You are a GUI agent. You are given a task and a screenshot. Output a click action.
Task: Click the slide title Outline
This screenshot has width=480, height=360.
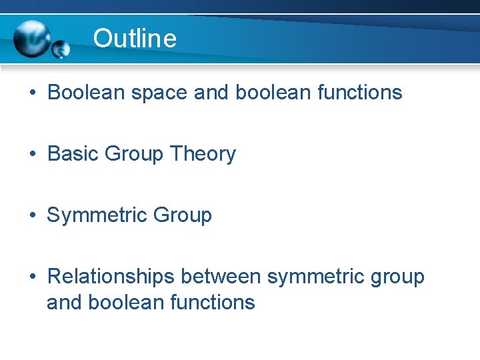tap(135, 39)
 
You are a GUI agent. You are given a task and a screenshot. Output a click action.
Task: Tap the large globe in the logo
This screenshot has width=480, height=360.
tap(31, 39)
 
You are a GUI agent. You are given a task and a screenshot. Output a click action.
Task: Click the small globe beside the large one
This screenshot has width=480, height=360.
tap(61, 49)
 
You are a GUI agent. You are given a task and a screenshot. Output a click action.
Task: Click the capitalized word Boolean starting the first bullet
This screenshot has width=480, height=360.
tap(85, 93)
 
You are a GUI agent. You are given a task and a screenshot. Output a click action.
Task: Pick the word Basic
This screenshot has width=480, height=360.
tap(73, 154)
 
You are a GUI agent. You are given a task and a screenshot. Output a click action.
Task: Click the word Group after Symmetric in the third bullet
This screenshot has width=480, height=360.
tap(182, 215)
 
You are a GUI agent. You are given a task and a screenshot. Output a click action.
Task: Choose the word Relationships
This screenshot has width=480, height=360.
tap(102, 277)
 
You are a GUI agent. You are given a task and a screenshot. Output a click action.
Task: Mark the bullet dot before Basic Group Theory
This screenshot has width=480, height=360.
tap(33, 155)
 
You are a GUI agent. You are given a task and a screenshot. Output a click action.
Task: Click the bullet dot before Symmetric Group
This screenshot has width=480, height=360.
tap(33, 216)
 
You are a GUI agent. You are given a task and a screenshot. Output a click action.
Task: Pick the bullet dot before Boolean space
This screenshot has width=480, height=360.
tap(33, 93)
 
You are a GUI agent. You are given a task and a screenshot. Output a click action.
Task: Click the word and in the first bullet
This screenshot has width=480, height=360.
tap(208, 93)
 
